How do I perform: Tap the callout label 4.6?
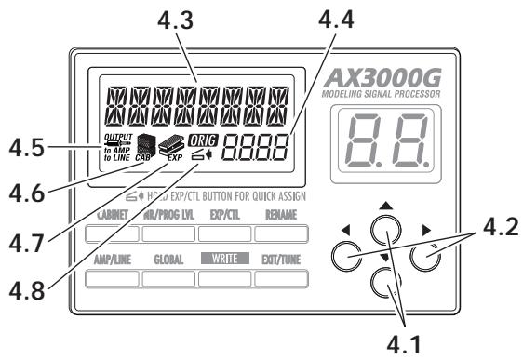pyautogui.click(x=25, y=198)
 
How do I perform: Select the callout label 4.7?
pyautogui.click(x=25, y=248)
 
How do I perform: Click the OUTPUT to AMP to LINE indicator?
pyautogui.click(x=119, y=148)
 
